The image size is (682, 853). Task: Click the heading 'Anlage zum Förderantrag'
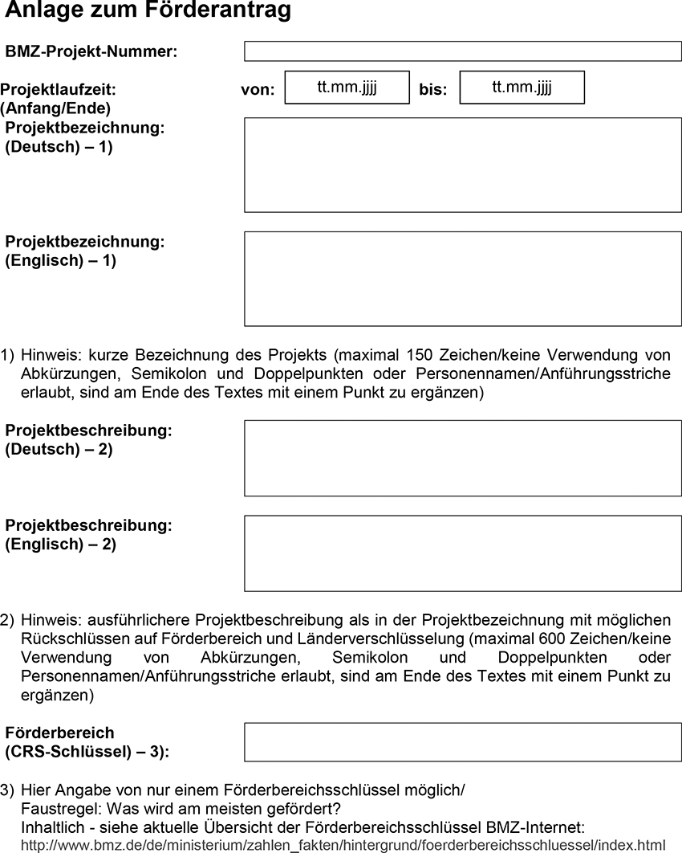[148, 11]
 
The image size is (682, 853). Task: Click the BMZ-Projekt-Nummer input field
[462, 51]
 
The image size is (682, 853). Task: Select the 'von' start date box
[347, 88]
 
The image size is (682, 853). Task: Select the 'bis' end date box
[522, 88]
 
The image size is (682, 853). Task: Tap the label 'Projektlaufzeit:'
[59, 89]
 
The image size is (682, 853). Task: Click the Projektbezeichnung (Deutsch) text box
[462, 165]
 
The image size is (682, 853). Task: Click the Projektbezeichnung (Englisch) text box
[462, 279]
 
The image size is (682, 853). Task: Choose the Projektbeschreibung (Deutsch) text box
[462, 458]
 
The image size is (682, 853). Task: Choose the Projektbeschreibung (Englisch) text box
[462, 553]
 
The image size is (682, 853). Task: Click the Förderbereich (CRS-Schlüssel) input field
[462, 742]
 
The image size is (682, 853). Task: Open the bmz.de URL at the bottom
[343, 845]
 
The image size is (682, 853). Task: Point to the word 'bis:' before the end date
[433, 90]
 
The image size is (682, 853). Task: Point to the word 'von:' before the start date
[258, 90]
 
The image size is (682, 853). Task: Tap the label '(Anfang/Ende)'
[55, 108]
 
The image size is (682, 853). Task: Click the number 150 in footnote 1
[420, 355]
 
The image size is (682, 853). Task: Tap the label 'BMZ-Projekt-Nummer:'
[91, 52]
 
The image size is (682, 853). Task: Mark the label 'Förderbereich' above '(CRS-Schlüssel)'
[60, 733]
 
